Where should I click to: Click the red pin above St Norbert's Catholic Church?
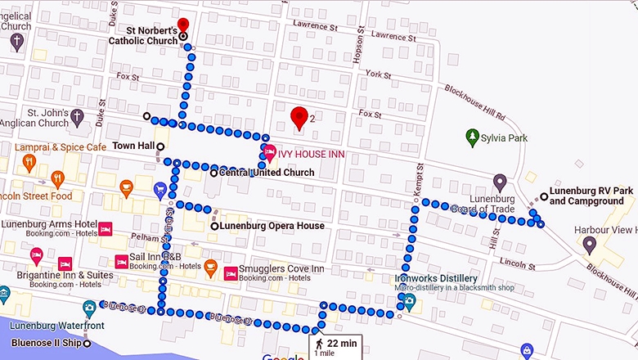[x=183, y=25]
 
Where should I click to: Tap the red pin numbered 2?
[x=299, y=117]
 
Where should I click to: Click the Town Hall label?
[x=133, y=146]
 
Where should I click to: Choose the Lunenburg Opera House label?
[x=272, y=226]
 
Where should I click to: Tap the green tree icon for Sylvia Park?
[x=472, y=137]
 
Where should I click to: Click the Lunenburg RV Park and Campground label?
[x=591, y=196]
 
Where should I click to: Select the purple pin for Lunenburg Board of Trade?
[x=500, y=182]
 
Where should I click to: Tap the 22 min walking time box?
[x=335, y=345]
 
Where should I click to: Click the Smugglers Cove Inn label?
[x=282, y=268]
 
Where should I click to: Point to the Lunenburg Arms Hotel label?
[x=48, y=224]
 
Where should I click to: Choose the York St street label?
[x=378, y=74]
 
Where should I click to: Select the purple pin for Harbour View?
[x=589, y=244]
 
